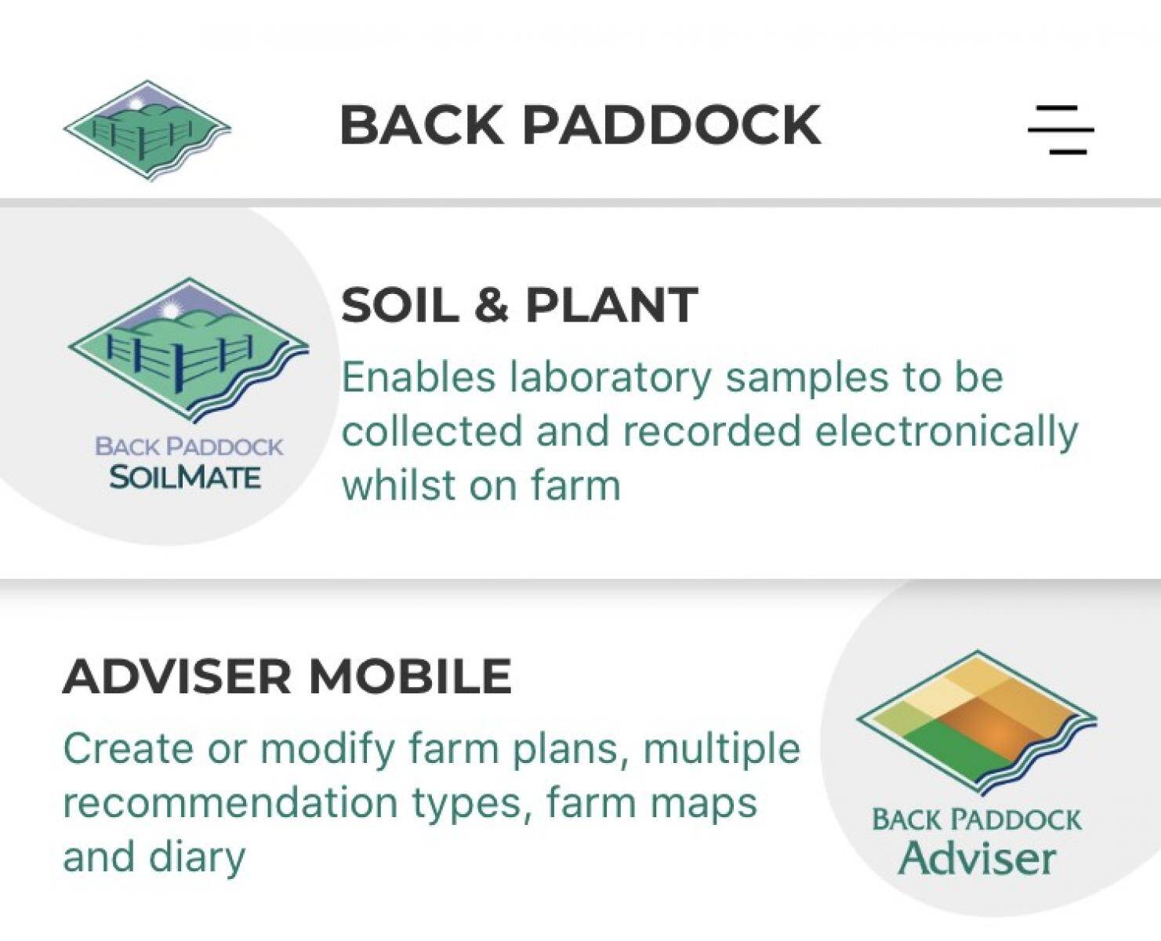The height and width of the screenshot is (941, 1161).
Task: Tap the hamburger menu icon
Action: point(1061,129)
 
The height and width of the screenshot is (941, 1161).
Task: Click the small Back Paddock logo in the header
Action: point(147,130)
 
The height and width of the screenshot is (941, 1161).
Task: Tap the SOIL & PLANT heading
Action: point(519,305)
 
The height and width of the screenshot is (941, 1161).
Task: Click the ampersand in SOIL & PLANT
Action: point(492,305)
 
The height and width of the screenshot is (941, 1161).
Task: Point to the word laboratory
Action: point(611,377)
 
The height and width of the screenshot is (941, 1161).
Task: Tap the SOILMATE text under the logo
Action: point(185,478)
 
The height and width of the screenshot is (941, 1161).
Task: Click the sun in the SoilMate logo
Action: point(170,311)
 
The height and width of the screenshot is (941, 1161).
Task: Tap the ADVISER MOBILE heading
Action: point(287,676)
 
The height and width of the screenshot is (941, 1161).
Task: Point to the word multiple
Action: point(722,750)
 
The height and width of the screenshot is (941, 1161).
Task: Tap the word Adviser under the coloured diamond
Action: point(978,859)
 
